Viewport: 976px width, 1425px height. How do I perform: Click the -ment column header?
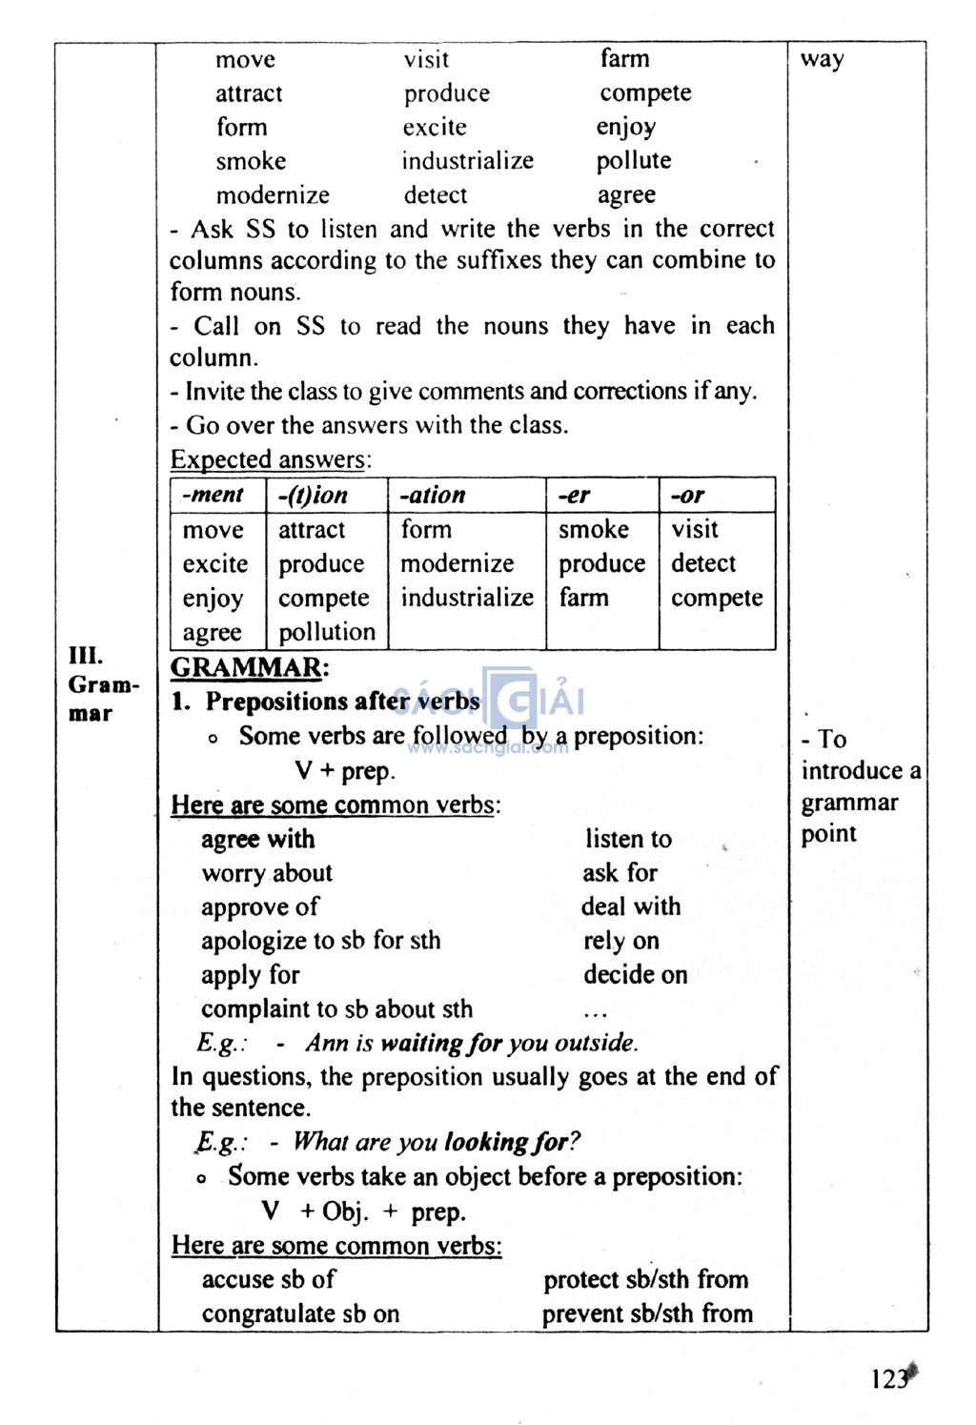tap(213, 495)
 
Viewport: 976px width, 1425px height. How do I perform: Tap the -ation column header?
tap(432, 496)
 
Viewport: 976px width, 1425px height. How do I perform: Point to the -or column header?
tap(687, 496)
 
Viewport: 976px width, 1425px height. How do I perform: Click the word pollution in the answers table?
tap(327, 632)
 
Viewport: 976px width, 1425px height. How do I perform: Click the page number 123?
tap(888, 1379)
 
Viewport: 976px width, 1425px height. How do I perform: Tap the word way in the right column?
tap(822, 60)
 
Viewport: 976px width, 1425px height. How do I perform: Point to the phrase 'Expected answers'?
tap(268, 459)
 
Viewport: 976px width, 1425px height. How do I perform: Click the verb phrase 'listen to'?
tap(628, 839)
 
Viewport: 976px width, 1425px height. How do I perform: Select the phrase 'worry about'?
tap(267, 873)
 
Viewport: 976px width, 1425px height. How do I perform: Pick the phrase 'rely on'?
tap(621, 941)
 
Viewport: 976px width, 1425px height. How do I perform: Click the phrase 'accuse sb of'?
tap(269, 1279)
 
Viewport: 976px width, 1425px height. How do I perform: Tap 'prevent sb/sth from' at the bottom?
tap(647, 1313)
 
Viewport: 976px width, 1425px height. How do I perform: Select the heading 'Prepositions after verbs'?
tap(342, 702)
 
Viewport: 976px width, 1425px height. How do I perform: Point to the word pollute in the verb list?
tap(634, 161)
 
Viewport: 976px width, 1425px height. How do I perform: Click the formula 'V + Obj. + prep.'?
tap(364, 1211)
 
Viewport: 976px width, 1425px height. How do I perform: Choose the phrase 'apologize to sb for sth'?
tap(320, 941)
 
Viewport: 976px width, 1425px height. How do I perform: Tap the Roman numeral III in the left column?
tap(85, 656)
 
